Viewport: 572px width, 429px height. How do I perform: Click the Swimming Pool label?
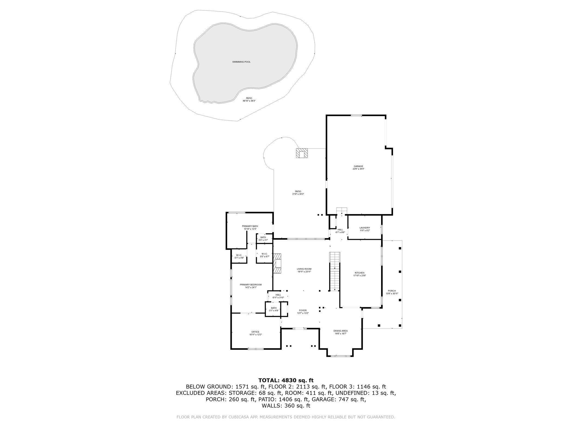[x=241, y=62]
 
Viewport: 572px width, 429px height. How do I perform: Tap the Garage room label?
[x=358, y=166]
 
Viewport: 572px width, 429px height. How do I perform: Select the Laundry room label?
[x=365, y=228]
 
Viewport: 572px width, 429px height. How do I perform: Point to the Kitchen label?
[x=359, y=273]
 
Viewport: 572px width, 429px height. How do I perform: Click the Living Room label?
[x=304, y=269]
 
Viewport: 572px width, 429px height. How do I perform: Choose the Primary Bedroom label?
[x=251, y=285]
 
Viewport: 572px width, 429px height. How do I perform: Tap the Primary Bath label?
[x=250, y=226]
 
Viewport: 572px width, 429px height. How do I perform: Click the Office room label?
[x=255, y=332]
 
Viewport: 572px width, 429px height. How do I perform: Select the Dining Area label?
[x=340, y=331]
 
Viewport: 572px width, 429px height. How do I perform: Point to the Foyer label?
[x=303, y=310]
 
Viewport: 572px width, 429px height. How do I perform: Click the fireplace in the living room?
[x=277, y=263]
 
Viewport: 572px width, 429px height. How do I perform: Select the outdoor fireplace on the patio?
[x=302, y=153]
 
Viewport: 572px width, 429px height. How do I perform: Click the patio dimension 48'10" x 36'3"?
[x=249, y=101]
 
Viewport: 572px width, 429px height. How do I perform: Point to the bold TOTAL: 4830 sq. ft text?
[x=286, y=380]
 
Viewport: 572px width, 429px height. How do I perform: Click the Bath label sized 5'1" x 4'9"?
[x=273, y=309]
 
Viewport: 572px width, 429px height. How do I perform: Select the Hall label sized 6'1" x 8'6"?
[x=340, y=231]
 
